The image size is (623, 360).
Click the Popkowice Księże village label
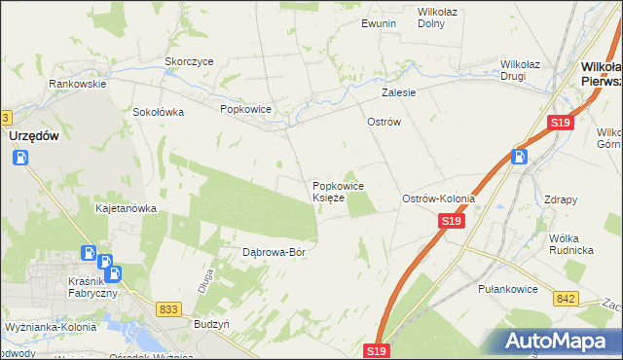(x=338, y=191)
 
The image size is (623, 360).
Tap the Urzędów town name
(x=37, y=137)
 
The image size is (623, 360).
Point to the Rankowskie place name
(x=78, y=84)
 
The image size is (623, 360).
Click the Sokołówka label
(x=159, y=112)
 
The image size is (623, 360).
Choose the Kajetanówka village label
(x=126, y=208)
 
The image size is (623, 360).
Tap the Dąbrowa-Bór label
(x=275, y=252)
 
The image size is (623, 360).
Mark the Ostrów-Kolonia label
(x=439, y=198)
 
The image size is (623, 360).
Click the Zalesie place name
(x=399, y=93)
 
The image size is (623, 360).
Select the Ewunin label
(x=379, y=22)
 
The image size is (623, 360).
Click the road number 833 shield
(x=168, y=308)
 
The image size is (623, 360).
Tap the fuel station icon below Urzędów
(x=20, y=157)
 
